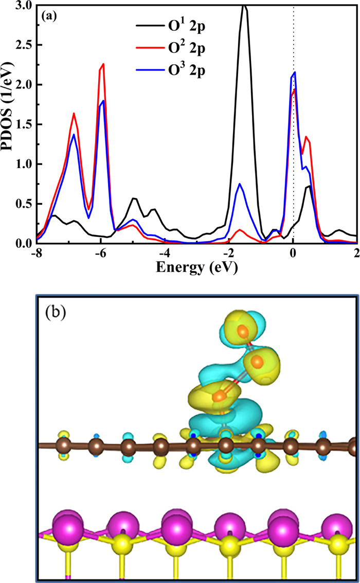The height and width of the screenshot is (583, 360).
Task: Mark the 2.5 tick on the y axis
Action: [x=23, y=45]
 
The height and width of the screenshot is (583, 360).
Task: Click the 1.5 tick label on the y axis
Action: [x=23, y=125]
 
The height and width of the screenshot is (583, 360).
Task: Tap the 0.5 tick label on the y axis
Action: [x=23, y=204]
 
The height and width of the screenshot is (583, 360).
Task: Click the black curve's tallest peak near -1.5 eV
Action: [x=244, y=6]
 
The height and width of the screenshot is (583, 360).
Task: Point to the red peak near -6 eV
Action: [x=103, y=64]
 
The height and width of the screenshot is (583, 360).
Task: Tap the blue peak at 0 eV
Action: [x=294, y=72]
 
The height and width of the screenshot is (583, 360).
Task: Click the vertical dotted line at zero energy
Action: [x=294, y=154]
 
